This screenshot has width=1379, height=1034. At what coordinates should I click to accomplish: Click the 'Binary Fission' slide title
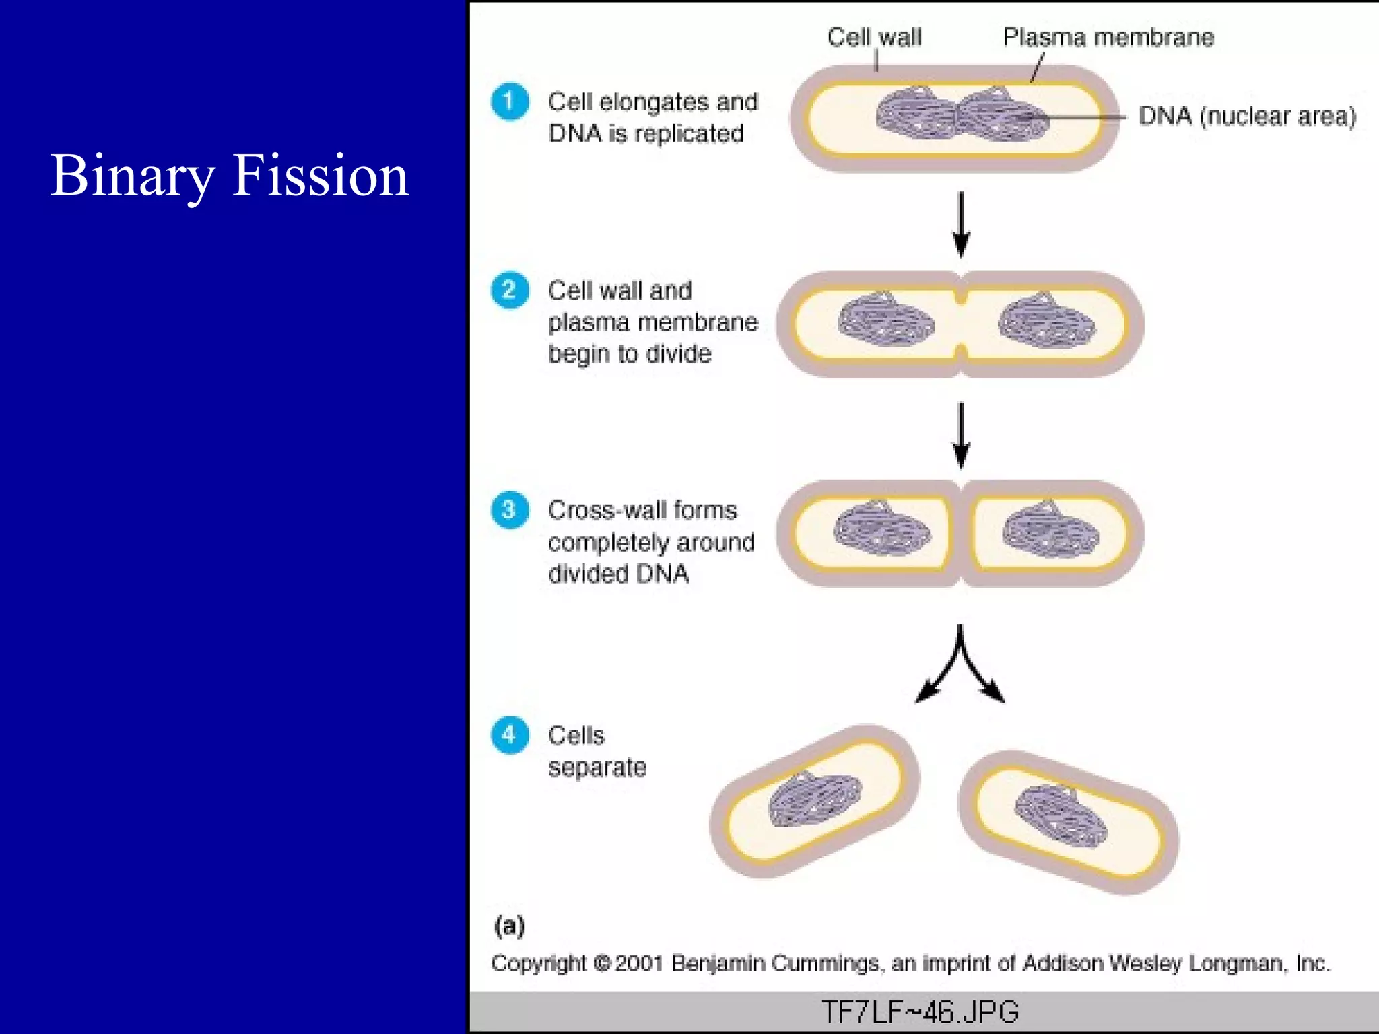[229, 175]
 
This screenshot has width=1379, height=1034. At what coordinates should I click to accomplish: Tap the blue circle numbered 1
[510, 102]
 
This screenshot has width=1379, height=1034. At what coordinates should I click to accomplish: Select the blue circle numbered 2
[510, 290]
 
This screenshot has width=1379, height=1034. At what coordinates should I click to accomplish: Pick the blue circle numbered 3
[510, 510]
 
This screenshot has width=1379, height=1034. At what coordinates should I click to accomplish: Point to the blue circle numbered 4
[510, 734]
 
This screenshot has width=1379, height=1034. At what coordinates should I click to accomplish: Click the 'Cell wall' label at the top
[874, 37]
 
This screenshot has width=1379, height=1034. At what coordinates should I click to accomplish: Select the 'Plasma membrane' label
[1108, 37]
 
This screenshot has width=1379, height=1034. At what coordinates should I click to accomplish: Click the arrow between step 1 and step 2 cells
[961, 224]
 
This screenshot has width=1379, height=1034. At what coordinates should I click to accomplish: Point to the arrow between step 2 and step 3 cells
[961, 434]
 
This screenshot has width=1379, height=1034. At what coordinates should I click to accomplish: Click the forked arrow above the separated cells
[960, 666]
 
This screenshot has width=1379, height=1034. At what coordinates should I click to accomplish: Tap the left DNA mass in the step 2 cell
[885, 320]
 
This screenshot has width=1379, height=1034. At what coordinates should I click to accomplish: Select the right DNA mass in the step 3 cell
[1050, 529]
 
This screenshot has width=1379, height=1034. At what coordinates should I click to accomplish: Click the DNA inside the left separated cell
[815, 799]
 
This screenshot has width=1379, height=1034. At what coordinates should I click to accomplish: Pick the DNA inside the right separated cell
[1060, 815]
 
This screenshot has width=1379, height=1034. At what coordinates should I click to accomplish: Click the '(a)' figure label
[509, 926]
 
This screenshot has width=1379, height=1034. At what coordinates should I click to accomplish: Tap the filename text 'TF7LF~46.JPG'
[920, 1012]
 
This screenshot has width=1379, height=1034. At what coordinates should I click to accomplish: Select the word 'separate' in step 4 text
[597, 767]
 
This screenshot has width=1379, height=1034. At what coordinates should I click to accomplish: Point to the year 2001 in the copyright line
[639, 963]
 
